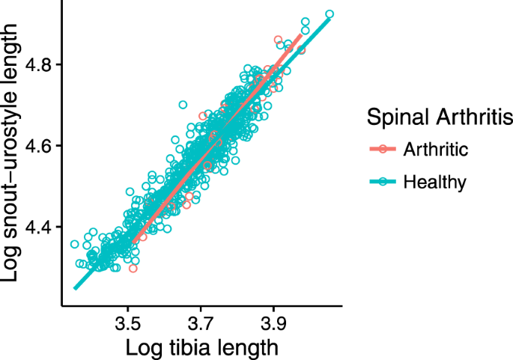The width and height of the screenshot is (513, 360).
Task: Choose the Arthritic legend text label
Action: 435,149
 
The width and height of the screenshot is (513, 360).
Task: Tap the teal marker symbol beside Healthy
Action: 383,181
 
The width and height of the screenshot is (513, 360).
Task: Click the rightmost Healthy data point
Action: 330,14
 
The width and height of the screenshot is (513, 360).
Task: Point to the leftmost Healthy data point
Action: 75,244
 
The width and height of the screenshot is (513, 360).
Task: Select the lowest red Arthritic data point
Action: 133,268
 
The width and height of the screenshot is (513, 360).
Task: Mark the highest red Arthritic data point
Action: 279,40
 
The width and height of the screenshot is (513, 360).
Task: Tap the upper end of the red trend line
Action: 301,34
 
